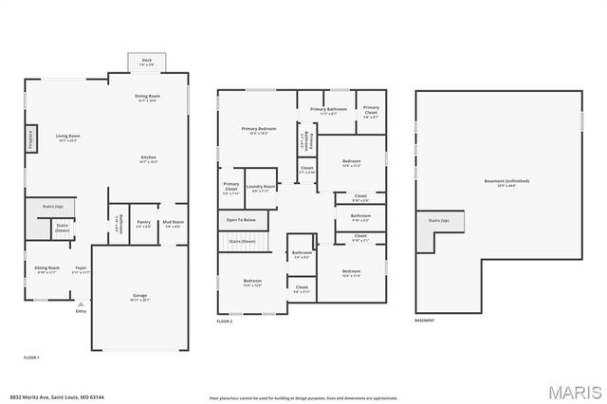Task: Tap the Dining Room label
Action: pos(148,98)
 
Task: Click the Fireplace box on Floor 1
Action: pos(30,140)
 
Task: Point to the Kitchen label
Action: pos(149,158)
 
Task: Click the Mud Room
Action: pos(173,224)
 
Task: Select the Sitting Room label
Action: pos(47,269)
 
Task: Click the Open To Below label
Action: pos(241,219)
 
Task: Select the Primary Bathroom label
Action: pos(327,111)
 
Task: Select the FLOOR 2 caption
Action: pos(225,322)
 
